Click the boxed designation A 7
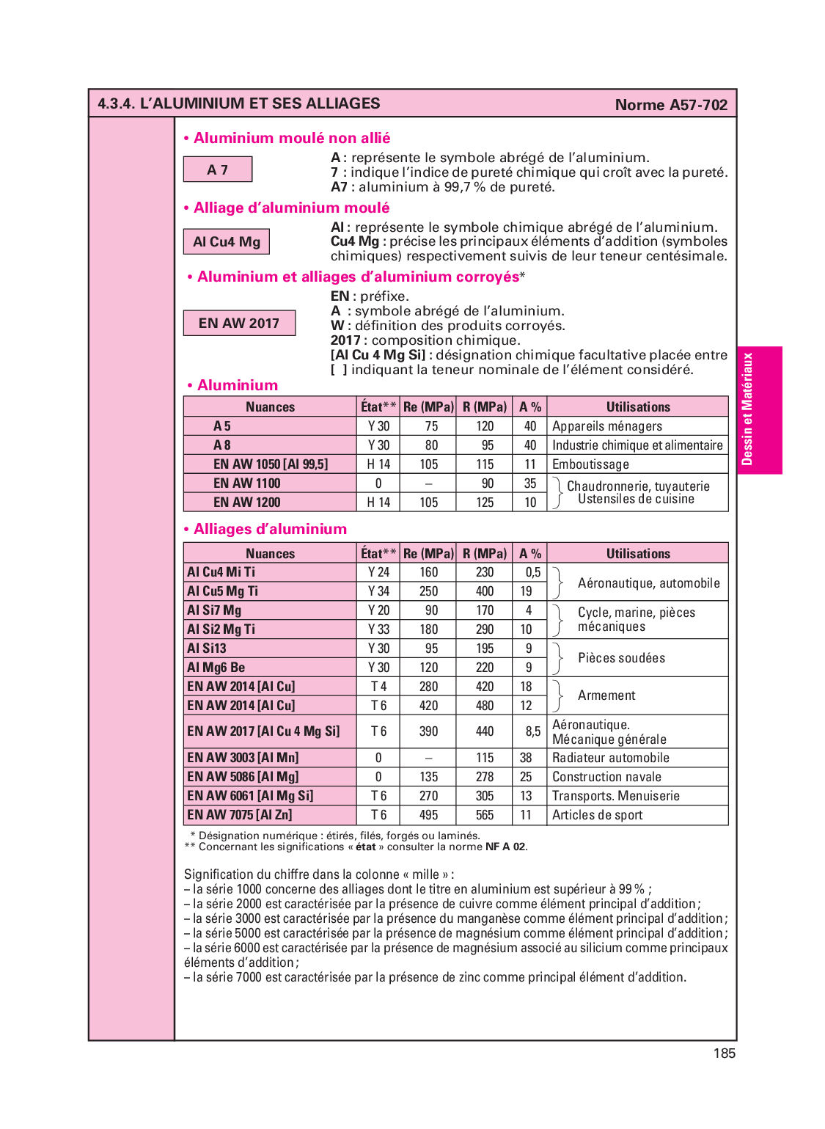(x=218, y=169)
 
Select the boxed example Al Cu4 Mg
(x=227, y=242)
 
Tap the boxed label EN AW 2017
(x=239, y=323)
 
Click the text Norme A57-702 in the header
(x=671, y=105)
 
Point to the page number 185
(x=724, y=1053)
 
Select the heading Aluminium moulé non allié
(x=292, y=138)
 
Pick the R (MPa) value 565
(x=485, y=815)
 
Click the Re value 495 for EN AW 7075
(x=429, y=815)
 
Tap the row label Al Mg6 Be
(x=216, y=668)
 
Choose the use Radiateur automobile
(x=610, y=758)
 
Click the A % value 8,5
(x=532, y=731)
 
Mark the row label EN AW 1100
(x=247, y=483)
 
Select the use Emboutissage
(x=590, y=464)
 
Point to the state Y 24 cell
(x=378, y=572)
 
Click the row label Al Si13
(x=207, y=648)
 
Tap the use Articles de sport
(x=597, y=815)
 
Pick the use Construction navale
(x=606, y=777)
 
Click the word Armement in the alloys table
(x=606, y=695)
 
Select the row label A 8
(x=222, y=445)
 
